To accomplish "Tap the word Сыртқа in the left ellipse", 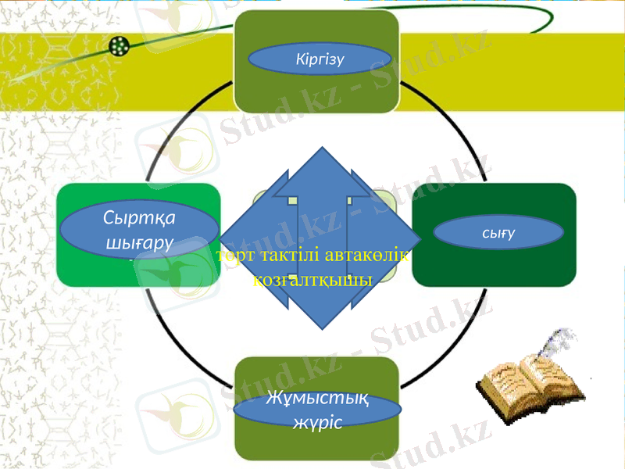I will pos(139,217).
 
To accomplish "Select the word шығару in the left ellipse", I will pos(139,242).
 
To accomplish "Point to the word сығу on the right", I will pos(498,232).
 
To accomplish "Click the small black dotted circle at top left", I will pos(119,46).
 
